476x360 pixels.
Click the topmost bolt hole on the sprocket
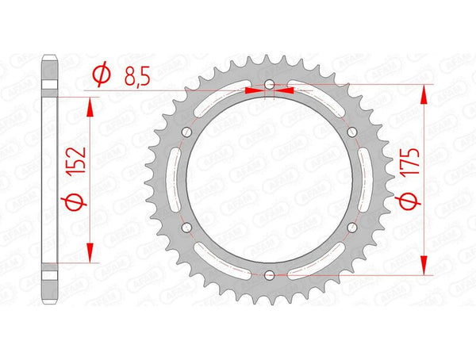coord(269,84)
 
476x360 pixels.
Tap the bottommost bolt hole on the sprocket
coord(269,275)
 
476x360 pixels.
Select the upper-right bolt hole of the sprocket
coord(352,132)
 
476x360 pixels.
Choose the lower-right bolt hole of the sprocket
coord(352,228)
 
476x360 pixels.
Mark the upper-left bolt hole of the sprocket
coord(186,132)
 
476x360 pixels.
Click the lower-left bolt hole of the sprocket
coord(186,228)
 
